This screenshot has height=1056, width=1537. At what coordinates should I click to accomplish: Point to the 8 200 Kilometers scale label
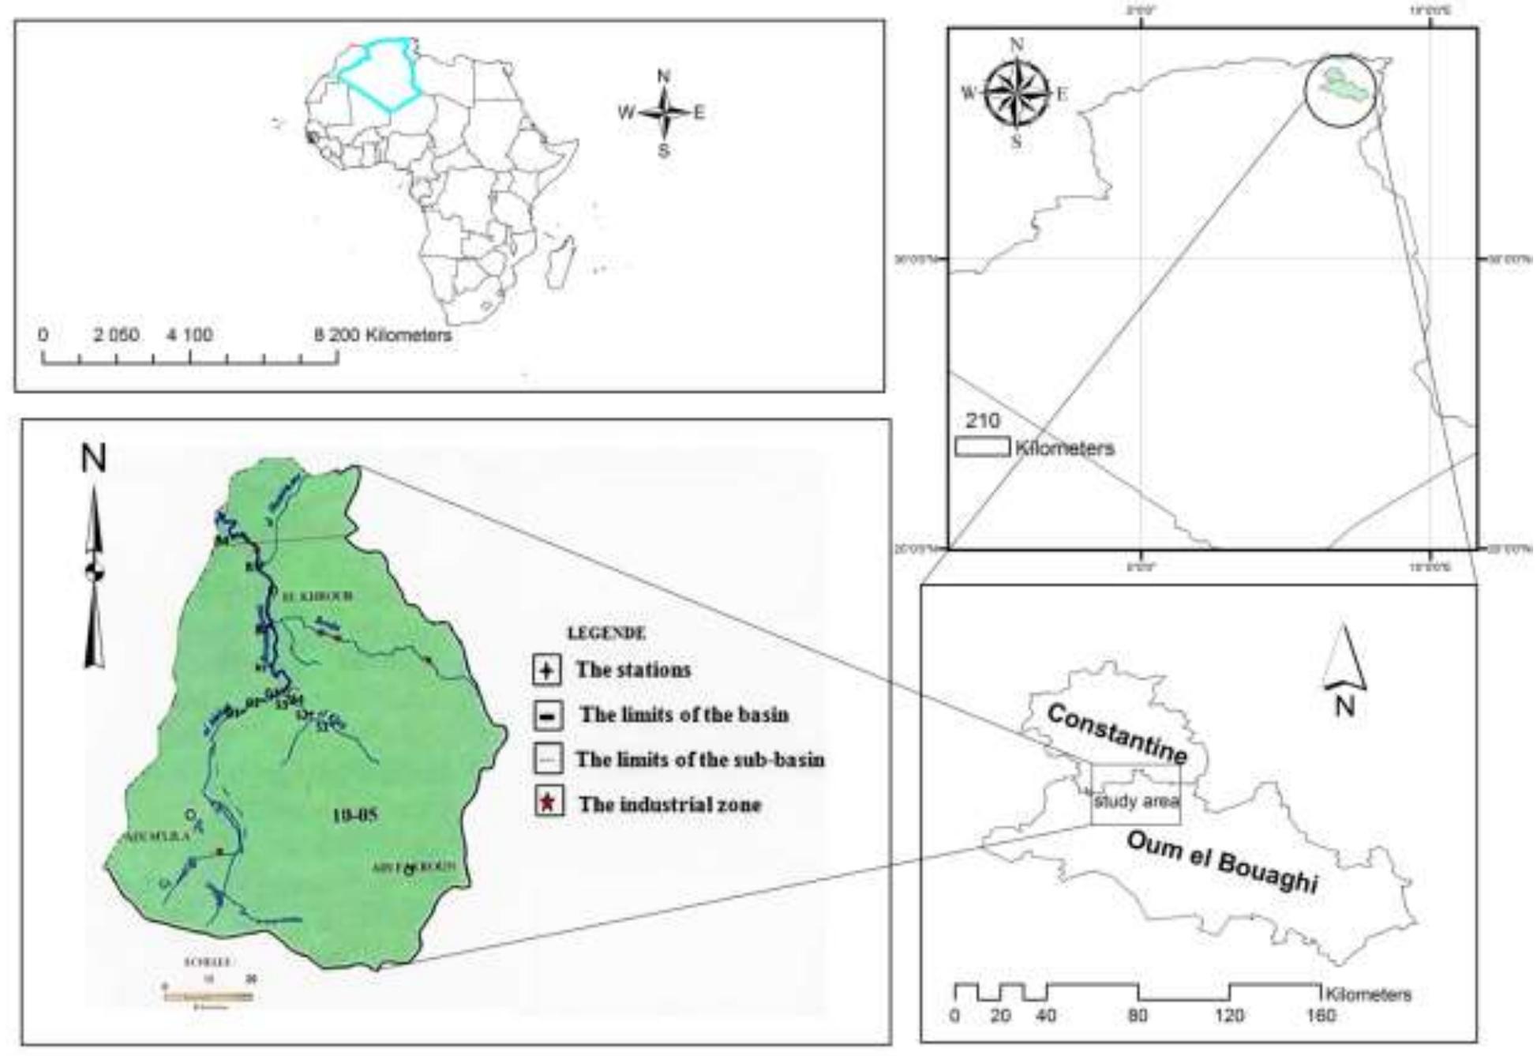point(383,335)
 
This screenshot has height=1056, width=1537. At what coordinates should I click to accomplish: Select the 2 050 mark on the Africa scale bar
point(116,335)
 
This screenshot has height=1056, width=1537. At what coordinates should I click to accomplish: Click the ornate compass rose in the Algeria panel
point(1017,93)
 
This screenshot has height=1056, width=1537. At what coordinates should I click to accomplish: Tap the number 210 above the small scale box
point(982,421)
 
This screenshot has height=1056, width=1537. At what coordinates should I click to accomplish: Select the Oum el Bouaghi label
point(1222,862)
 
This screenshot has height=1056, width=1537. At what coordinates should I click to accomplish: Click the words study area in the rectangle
point(1136,802)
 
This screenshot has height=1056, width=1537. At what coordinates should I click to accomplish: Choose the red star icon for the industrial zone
point(548,804)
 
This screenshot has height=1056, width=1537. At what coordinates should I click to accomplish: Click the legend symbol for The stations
point(546,670)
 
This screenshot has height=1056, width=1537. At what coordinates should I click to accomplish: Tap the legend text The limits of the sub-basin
point(699,760)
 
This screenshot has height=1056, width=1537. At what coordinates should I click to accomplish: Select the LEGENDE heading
point(606,633)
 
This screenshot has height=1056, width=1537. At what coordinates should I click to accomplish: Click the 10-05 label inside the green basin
point(354,815)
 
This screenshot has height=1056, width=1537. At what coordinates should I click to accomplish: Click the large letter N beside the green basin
point(94,458)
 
